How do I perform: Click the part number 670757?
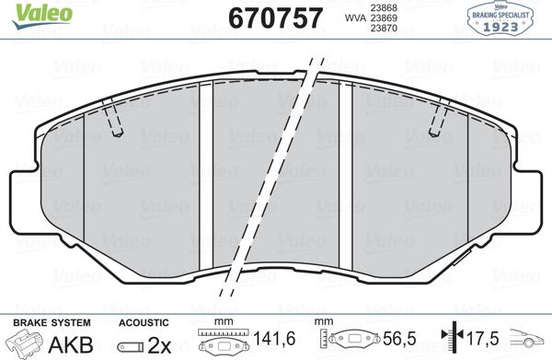pos(261,17)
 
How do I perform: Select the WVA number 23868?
pos(383,7)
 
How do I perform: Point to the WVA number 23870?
pos(383,29)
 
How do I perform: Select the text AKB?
pos(69,344)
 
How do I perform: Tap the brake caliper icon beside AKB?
pos(25,343)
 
